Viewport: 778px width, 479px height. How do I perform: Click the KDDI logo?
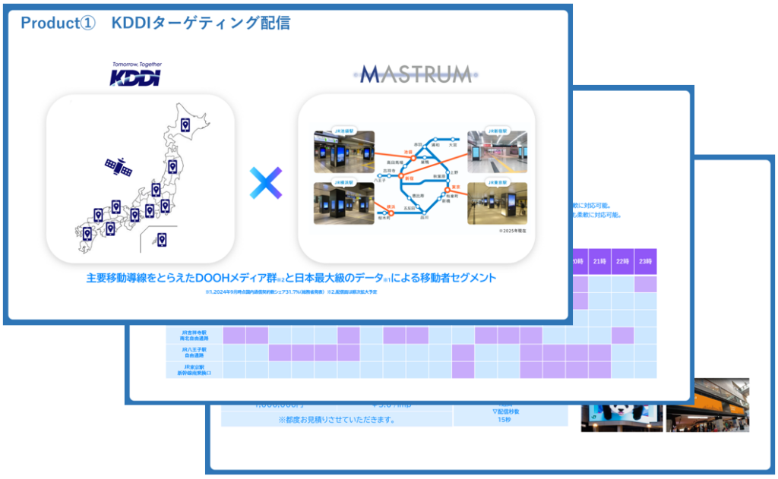coord(136,76)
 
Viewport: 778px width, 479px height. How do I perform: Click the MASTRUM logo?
coord(416,74)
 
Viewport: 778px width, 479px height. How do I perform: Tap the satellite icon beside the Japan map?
coord(119,166)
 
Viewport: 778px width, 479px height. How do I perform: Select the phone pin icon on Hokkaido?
coord(184,125)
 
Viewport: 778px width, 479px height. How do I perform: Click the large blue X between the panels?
coord(265,184)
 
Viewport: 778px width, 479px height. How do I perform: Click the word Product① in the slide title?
coord(58,24)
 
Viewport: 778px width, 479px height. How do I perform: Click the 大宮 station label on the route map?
coord(453,143)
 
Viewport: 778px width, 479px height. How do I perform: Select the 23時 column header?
coord(645,261)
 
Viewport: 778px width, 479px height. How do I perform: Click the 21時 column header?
coord(599,261)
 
